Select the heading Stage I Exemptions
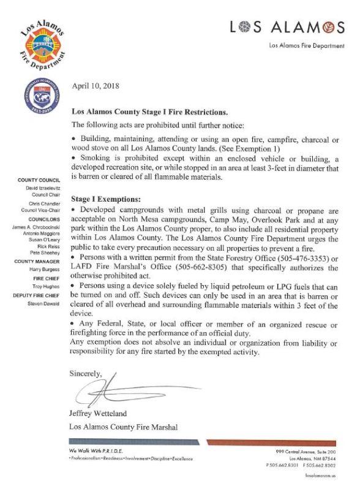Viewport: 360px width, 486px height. [x=106, y=199]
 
